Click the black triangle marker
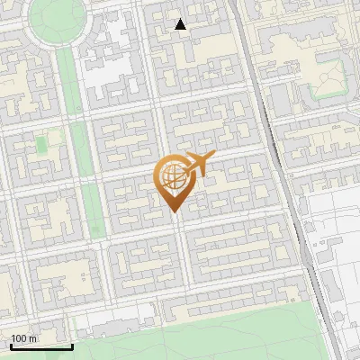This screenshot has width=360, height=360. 181,24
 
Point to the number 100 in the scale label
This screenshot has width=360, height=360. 19,338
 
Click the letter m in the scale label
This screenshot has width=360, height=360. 32,338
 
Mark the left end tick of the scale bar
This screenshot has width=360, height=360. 10,346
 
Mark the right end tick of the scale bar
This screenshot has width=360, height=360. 72,346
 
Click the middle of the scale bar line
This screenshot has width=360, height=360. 40,347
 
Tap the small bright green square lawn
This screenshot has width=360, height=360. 41,144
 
